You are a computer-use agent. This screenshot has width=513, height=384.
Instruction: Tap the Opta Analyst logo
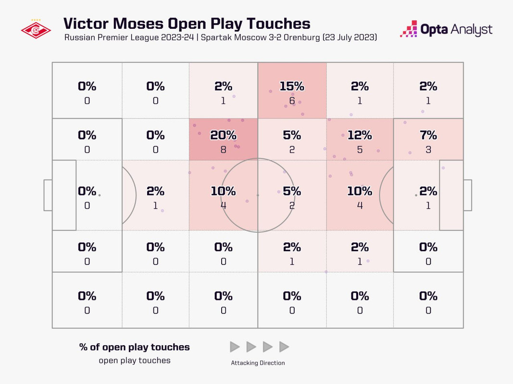tap(446, 29)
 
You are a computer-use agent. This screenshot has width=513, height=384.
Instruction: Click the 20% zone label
tap(223, 135)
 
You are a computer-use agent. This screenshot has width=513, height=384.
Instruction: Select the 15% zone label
tap(292, 86)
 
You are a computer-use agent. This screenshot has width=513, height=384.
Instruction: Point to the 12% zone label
tap(360, 135)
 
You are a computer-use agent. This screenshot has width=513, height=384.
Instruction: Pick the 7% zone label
tap(428, 135)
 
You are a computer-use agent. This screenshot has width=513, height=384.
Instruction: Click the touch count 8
tap(223, 150)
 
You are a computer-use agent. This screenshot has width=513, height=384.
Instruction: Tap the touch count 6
tap(292, 101)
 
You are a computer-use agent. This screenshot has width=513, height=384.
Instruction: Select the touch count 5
tap(360, 150)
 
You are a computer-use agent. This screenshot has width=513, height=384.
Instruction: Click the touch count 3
tap(428, 150)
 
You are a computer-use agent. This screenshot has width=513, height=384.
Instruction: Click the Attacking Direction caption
tap(258, 363)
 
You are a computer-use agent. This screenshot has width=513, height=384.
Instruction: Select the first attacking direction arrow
tap(235, 347)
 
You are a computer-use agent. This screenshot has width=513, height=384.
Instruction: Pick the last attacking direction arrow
tap(284, 347)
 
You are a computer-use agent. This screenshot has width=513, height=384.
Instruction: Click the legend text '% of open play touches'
tap(135, 347)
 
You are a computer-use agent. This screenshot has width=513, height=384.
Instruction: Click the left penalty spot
tap(100, 195)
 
